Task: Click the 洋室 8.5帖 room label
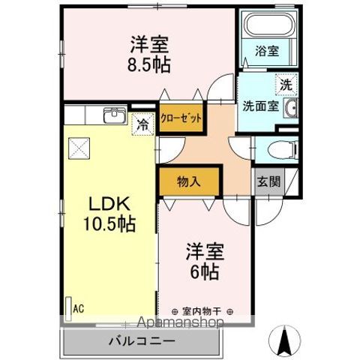[x=148, y=55]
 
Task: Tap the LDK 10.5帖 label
[x=112, y=214]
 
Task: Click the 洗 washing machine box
[x=285, y=85]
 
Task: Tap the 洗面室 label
[x=260, y=106]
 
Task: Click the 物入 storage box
[x=189, y=181]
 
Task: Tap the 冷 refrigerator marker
[x=142, y=125]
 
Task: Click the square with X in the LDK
[x=79, y=148]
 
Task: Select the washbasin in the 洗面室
[x=292, y=108]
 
